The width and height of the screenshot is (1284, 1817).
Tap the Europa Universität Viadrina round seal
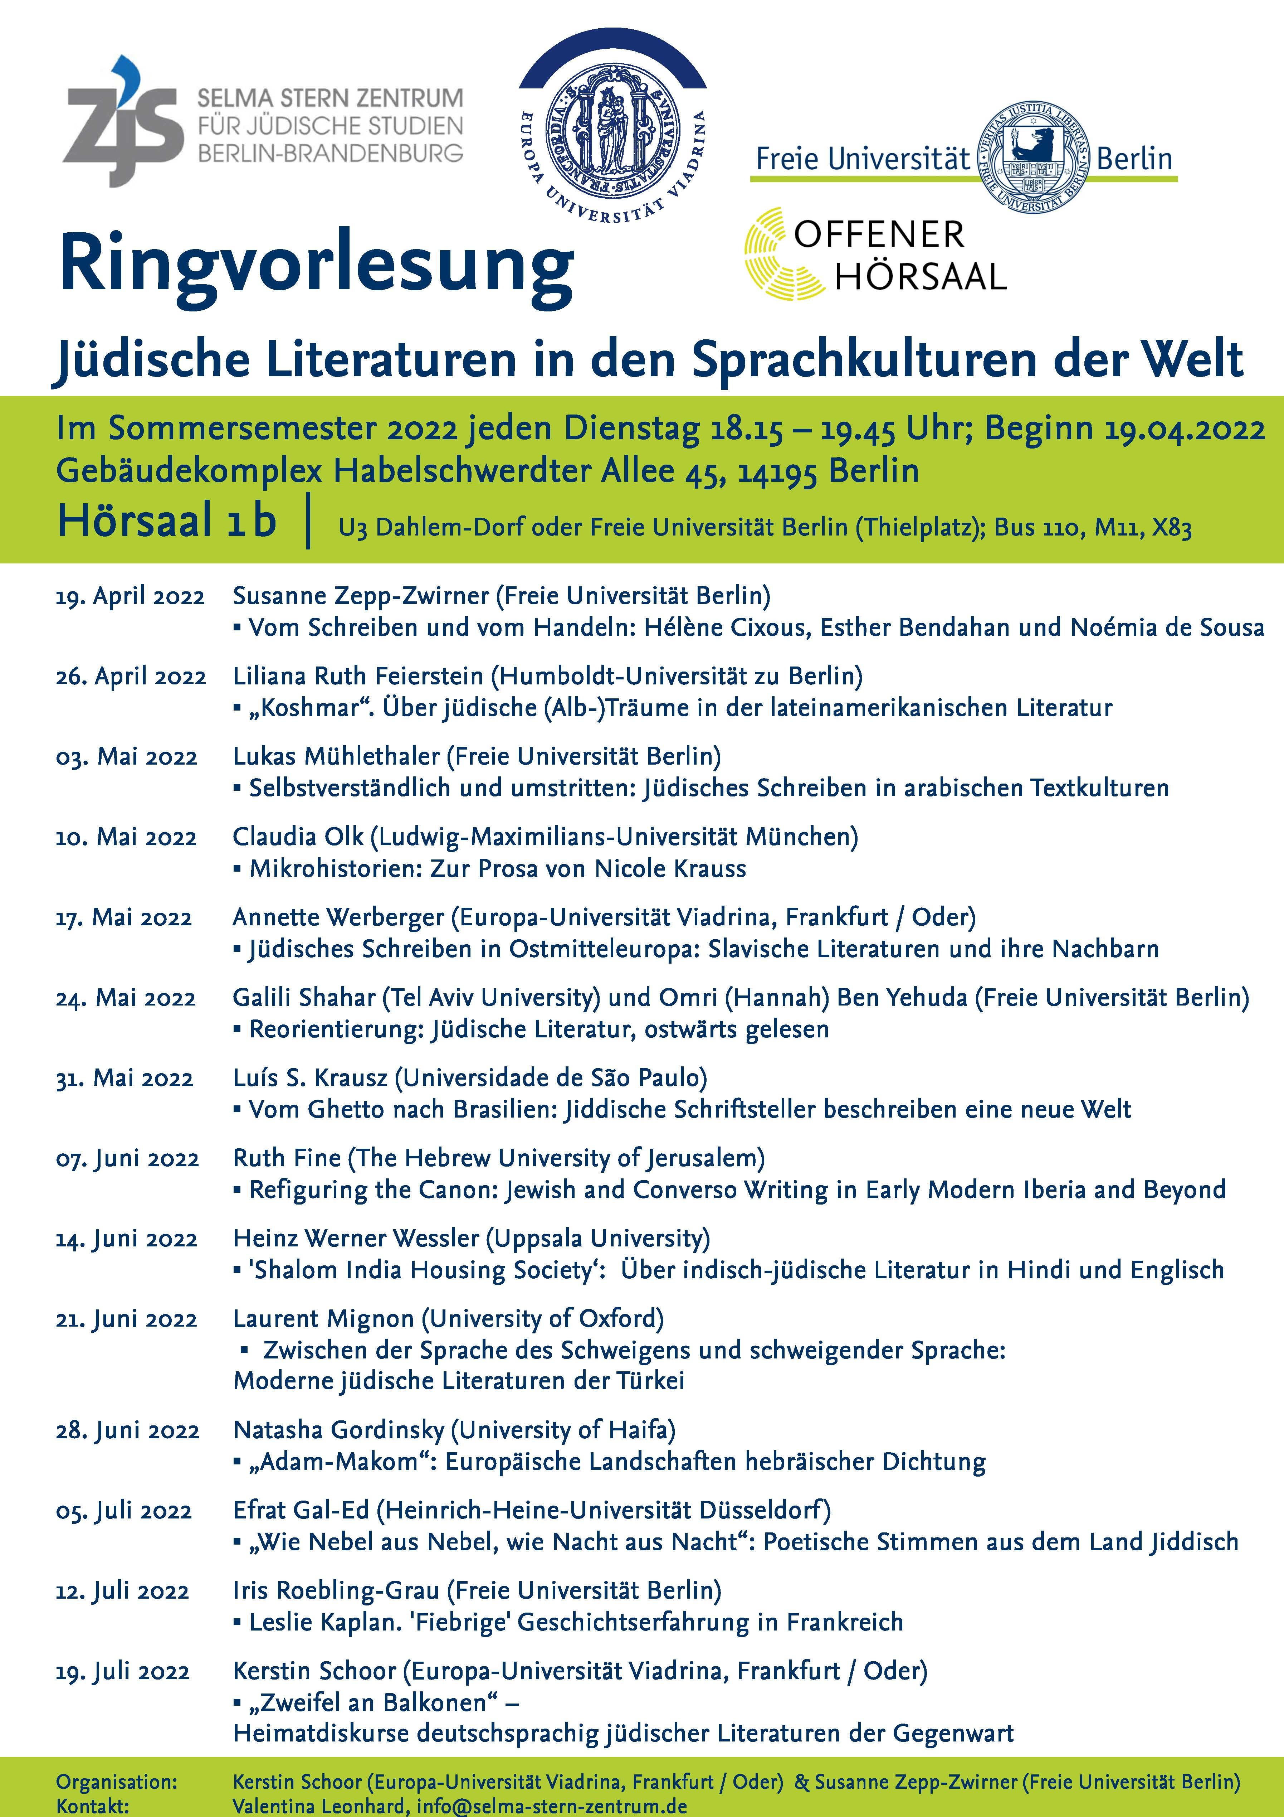(611, 131)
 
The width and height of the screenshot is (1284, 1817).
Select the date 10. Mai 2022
(126, 837)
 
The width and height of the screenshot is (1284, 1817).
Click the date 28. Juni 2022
(127, 1431)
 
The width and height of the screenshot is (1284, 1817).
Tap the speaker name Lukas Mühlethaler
(336, 757)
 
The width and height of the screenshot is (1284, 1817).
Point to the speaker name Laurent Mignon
(323, 1318)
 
